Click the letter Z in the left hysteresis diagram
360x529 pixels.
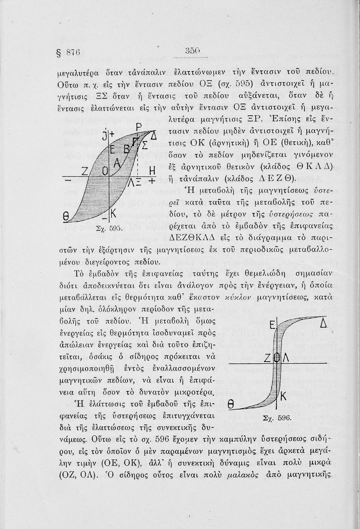84,171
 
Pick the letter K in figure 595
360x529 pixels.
113,213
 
